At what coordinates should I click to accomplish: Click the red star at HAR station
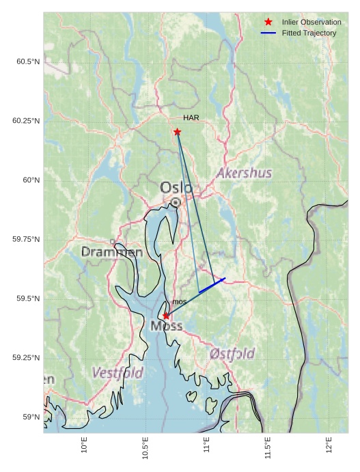[x=177, y=132]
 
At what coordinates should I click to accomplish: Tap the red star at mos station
[x=166, y=316]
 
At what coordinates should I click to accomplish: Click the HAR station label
[x=191, y=118]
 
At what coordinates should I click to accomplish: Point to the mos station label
[x=179, y=302]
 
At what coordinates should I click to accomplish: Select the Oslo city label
[x=176, y=187]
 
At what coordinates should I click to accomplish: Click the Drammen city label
[x=112, y=252]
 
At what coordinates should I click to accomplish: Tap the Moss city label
[x=167, y=327]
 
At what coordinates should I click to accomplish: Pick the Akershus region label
[x=244, y=173]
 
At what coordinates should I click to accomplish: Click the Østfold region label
[x=232, y=354]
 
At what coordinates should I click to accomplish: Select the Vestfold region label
[x=117, y=374]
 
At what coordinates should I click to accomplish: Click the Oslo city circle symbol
[x=176, y=202]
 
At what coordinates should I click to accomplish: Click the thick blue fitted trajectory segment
[x=212, y=286]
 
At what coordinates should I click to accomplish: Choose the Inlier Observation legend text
[x=311, y=23]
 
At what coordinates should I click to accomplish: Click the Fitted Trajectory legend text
[x=309, y=33]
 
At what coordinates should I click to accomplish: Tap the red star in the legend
[x=268, y=23]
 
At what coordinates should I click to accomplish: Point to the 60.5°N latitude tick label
[x=28, y=62]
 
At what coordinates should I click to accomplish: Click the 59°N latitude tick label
[x=31, y=417]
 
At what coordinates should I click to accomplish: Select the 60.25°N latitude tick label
[x=26, y=121]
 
